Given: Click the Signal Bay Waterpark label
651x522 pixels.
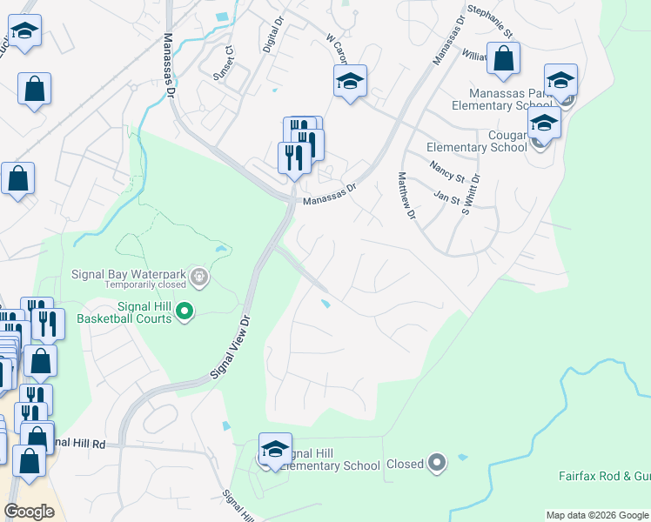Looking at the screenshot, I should click(x=131, y=273).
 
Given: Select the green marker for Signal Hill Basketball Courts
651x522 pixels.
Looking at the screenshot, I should click(x=185, y=310).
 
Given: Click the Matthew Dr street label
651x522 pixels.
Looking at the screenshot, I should click(x=405, y=196).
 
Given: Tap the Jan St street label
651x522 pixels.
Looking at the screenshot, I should click(x=446, y=197).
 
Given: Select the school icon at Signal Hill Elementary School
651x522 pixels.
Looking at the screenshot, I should click(x=275, y=450).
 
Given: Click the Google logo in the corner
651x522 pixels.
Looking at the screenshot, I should click(x=29, y=511).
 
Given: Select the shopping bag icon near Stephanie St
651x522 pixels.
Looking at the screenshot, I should click(x=503, y=59).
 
